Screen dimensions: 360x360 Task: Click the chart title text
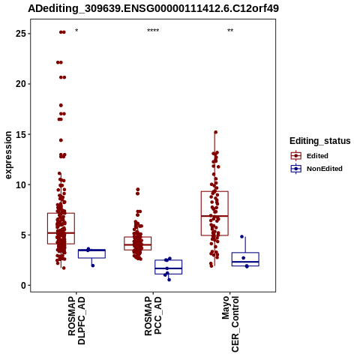point(153,9)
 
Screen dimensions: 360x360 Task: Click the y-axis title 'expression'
point(8,155)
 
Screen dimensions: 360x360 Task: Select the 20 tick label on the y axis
point(21,84)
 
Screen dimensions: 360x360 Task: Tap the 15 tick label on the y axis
point(21,134)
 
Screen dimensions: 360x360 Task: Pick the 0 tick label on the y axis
point(24,285)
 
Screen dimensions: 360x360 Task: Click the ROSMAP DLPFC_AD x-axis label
point(76,320)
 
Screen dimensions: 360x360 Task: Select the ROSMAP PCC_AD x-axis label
point(153,316)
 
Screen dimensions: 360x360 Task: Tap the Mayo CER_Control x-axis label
point(230,324)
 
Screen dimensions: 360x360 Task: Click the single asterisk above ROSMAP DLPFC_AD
point(76,31)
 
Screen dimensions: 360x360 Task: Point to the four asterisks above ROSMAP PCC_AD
point(153,31)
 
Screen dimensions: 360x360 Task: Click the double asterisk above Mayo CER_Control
point(230,31)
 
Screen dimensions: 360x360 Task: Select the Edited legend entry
point(310,156)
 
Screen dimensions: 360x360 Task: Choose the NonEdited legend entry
point(316,169)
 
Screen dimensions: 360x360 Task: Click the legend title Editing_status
point(320,141)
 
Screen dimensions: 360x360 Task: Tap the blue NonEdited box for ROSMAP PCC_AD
point(169,267)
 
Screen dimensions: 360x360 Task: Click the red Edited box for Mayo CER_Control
point(214,213)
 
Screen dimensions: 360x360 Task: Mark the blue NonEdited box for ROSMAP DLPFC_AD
point(91,253)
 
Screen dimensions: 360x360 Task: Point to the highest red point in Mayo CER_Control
point(215,132)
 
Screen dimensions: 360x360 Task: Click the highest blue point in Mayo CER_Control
point(241,236)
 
